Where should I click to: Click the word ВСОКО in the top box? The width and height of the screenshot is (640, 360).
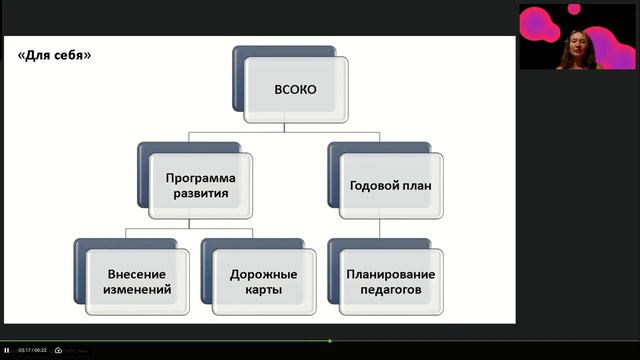tap(295, 90)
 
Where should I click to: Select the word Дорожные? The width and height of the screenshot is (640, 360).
tap(261, 274)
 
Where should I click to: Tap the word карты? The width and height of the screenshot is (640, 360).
tap(261, 291)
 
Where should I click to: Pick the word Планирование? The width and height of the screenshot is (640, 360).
tap(390, 274)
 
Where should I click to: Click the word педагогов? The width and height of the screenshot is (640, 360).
tap(390, 291)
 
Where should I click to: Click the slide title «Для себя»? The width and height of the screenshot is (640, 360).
tap(54, 55)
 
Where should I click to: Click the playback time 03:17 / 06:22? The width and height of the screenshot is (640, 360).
tap(32, 350)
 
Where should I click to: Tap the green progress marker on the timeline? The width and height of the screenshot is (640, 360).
tap(329, 341)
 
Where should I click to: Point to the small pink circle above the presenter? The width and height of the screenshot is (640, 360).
tap(574, 8)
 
